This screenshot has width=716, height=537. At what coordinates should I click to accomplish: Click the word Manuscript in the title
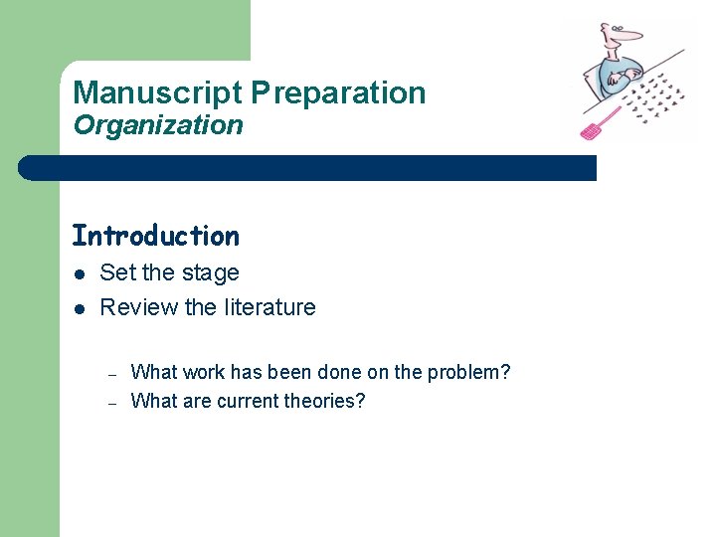157,93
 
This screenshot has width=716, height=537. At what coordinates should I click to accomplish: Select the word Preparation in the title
338,93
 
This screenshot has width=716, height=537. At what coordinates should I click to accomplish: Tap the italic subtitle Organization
157,125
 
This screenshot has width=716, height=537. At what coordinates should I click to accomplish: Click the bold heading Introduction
155,236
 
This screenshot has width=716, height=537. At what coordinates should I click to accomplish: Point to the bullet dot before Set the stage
78,273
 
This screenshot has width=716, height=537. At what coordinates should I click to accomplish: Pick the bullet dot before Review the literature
78,308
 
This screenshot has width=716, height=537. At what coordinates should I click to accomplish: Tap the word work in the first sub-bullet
203,373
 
